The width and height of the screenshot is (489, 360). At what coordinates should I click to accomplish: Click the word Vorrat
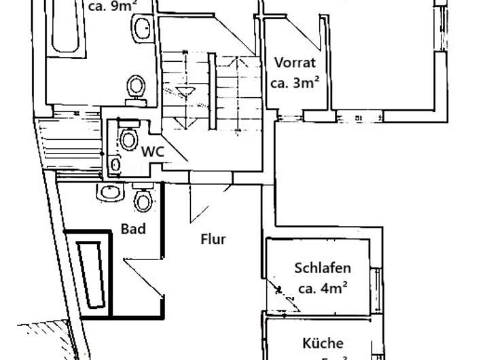295,63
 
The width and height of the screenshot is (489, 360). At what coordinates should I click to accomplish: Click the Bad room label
133,228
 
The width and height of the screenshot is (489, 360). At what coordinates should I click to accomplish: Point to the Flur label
213,239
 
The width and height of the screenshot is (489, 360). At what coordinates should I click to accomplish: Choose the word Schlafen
323,268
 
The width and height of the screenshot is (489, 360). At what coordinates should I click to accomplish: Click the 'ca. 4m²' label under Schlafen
323,288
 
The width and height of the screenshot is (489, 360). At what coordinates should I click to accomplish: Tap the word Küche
324,343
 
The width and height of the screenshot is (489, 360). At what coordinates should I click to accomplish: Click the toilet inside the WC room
128,139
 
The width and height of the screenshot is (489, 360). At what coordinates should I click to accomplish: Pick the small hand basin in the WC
115,164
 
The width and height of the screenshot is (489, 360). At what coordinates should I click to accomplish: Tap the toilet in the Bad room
143,199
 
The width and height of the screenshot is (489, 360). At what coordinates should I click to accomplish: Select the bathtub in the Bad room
90,269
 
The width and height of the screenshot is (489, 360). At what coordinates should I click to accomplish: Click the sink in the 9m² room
143,29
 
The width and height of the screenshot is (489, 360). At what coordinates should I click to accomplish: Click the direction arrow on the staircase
183,90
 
